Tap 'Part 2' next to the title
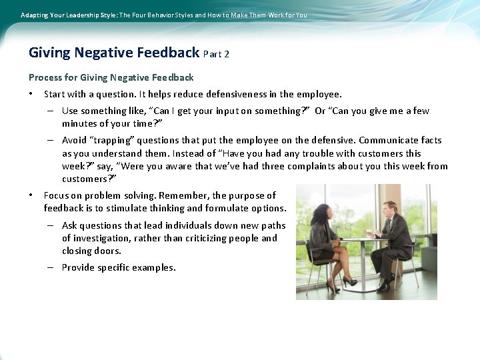coord(216,54)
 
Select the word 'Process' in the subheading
coord(45,77)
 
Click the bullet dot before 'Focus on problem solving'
coord(31,195)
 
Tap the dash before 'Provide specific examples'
coord(51,267)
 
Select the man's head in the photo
coord(390,209)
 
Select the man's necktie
coord(393,227)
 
